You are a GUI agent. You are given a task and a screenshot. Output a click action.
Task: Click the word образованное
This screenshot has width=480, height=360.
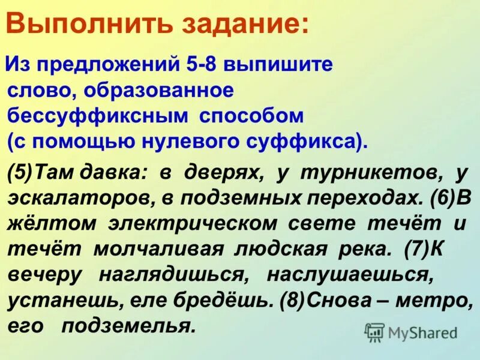point(158,91)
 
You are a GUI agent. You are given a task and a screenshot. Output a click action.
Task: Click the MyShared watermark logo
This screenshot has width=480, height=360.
point(412,332)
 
